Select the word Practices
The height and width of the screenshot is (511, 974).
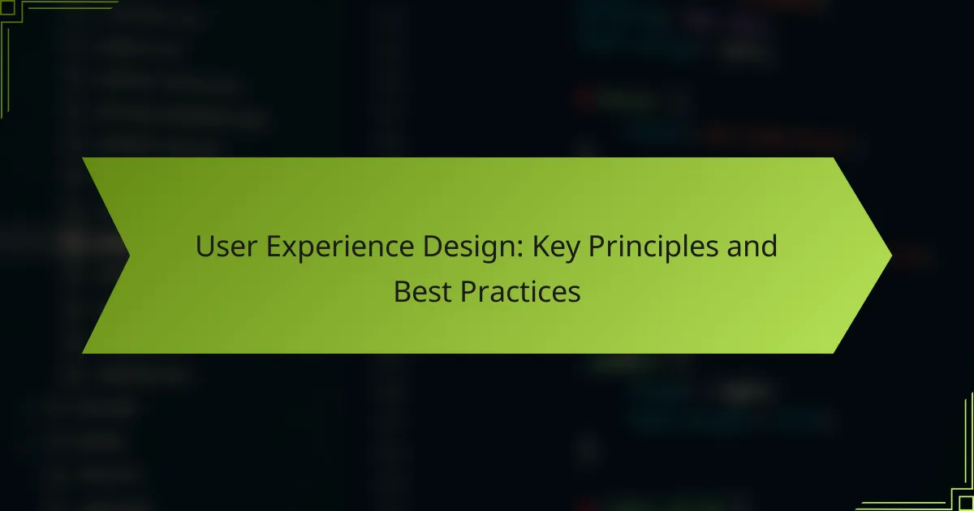(x=520, y=291)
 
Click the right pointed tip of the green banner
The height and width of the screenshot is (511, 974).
(x=891, y=255)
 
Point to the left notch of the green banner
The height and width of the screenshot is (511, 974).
(x=129, y=255)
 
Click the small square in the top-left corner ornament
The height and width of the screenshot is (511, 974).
(x=7, y=7)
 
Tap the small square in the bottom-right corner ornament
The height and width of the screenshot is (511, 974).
(x=966, y=504)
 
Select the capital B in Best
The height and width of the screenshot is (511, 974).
(x=403, y=291)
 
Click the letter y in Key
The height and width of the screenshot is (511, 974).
(x=572, y=252)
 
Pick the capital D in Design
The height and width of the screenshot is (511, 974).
(x=433, y=247)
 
